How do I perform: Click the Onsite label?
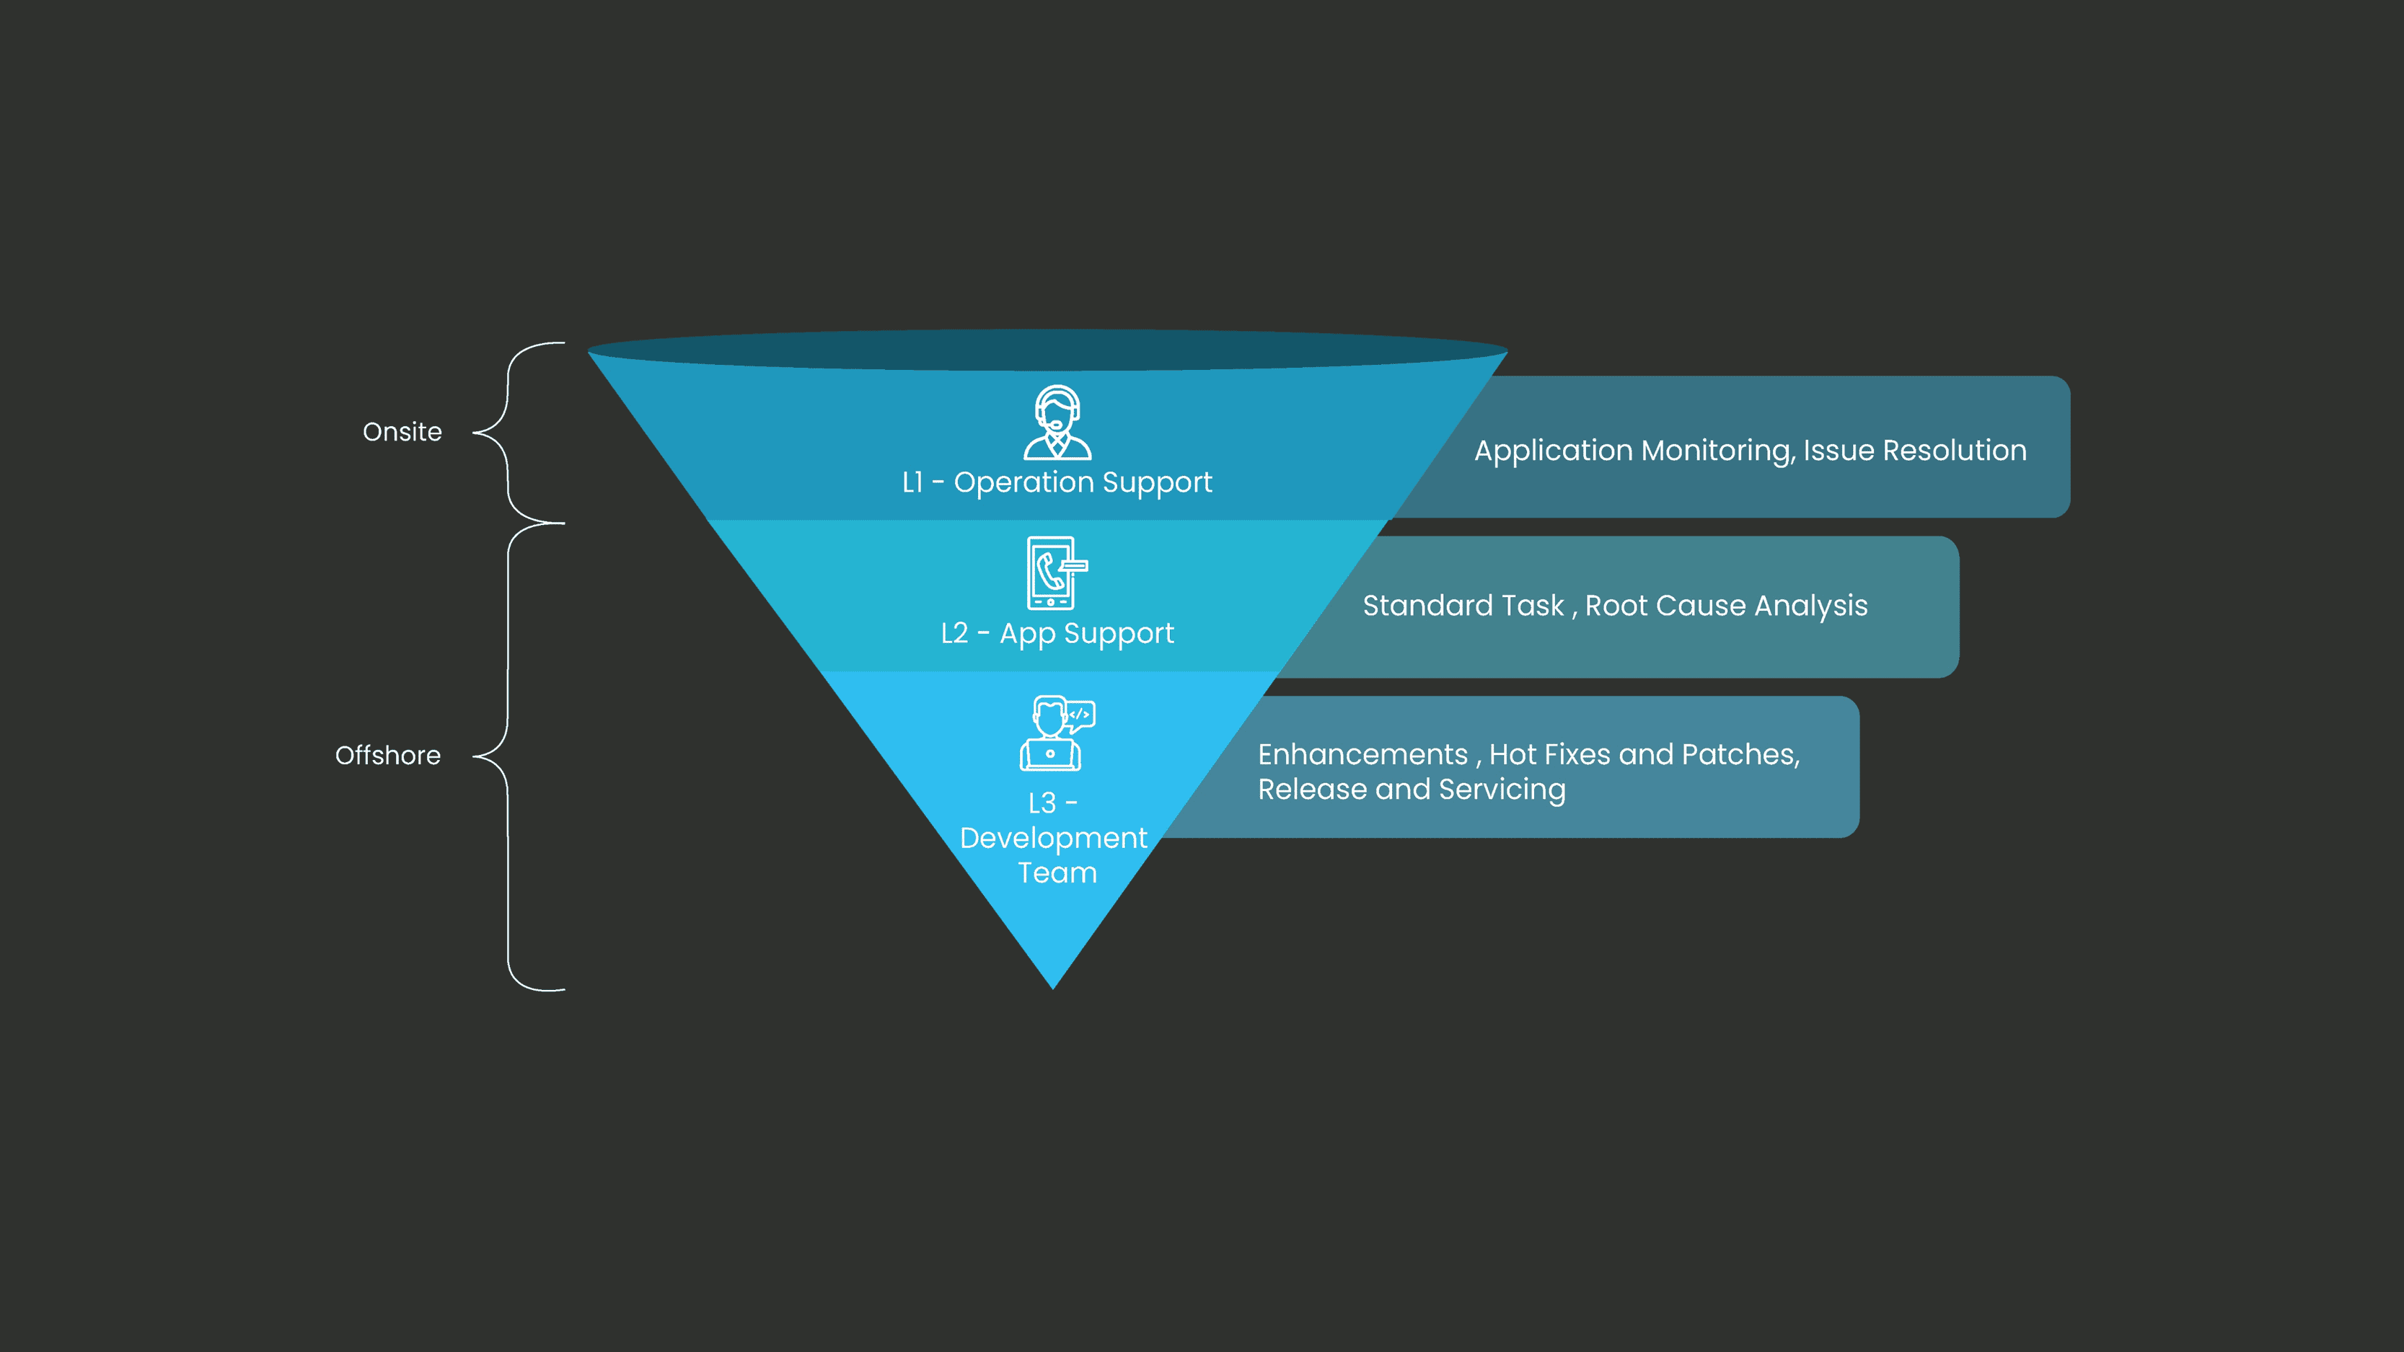(402, 432)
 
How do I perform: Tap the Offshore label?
(387, 755)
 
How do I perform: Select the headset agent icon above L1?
(1057, 423)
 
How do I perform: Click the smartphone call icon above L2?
(1055, 572)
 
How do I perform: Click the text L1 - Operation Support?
(1057, 482)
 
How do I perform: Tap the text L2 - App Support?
(1057, 634)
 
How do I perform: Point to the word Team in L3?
(1057, 873)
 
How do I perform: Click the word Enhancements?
(1362, 754)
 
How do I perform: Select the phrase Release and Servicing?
(1411, 790)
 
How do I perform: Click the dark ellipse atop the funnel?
(1047, 350)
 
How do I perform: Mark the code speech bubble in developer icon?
(1080, 715)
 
